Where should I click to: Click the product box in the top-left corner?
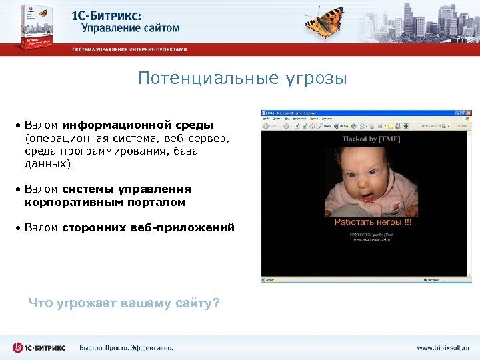(29, 29)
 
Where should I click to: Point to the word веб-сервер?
(199, 138)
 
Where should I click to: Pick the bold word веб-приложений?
(193, 227)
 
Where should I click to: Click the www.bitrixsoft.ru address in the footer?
(443, 347)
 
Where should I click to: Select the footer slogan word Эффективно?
(148, 347)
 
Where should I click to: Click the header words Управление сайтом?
(131, 28)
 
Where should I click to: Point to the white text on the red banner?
(130, 49)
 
